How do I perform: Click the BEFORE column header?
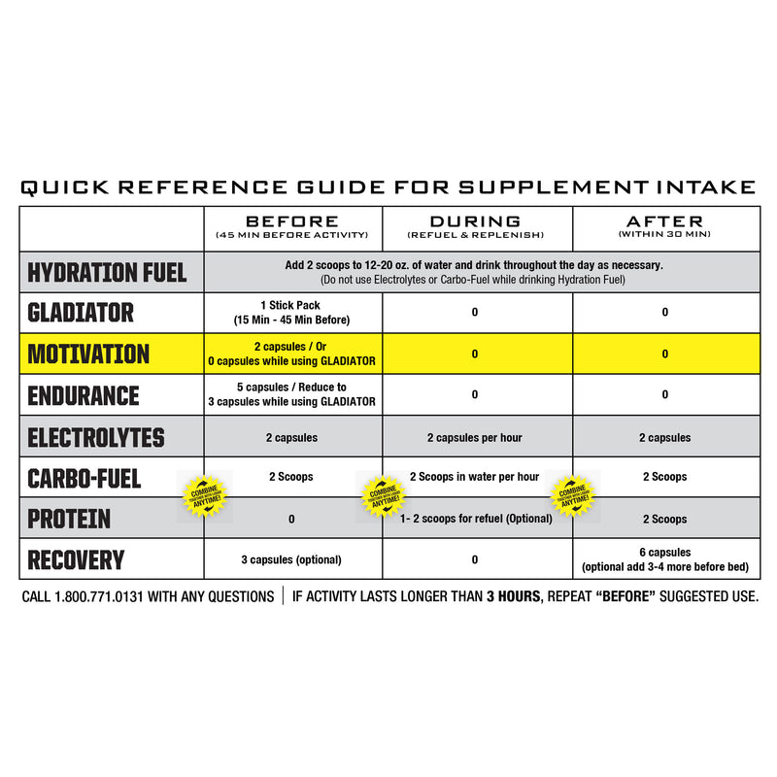click(x=291, y=221)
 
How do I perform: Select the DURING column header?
click(x=475, y=221)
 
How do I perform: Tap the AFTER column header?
click(x=665, y=221)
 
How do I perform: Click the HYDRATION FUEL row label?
click(x=107, y=272)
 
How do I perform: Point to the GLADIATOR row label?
click(x=80, y=313)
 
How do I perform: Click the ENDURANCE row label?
click(x=84, y=396)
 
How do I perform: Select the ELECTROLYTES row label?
click(x=95, y=438)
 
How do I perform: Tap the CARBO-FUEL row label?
click(x=84, y=479)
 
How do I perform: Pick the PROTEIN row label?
click(x=69, y=520)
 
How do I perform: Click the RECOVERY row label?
click(x=76, y=560)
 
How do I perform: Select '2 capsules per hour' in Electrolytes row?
click(x=475, y=438)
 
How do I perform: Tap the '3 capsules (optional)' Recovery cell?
click(x=291, y=560)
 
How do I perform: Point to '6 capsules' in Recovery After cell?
click(x=665, y=553)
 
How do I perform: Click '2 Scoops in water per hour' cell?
click(x=475, y=477)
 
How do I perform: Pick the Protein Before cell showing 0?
click(x=291, y=520)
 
